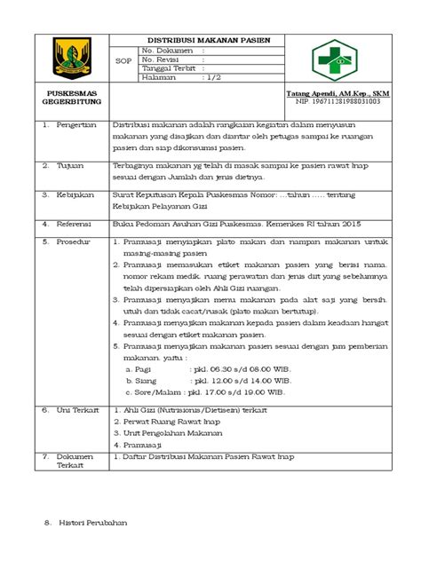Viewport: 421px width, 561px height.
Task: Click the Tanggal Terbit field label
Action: (171, 68)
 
